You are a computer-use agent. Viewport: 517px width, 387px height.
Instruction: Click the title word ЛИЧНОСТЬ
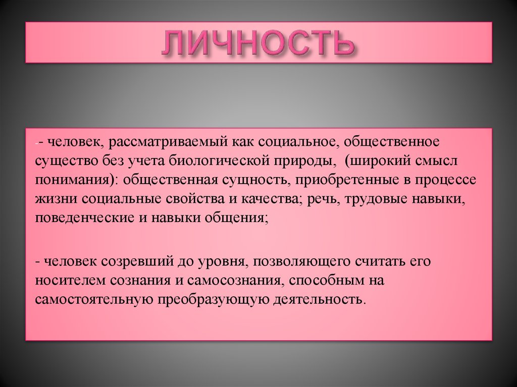pos(258,43)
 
